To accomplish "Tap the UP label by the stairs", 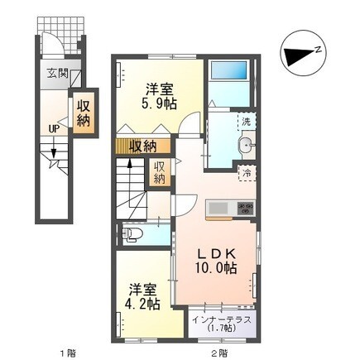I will [x=53, y=128].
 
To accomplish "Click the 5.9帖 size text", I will [x=160, y=105].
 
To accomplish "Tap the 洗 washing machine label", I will [x=247, y=122].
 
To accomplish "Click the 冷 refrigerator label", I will [x=247, y=173].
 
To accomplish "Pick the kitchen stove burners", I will [x=244, y=208].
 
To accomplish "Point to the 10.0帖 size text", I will [x=217, y=269].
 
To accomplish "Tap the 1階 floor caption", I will [x=66, y=354].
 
